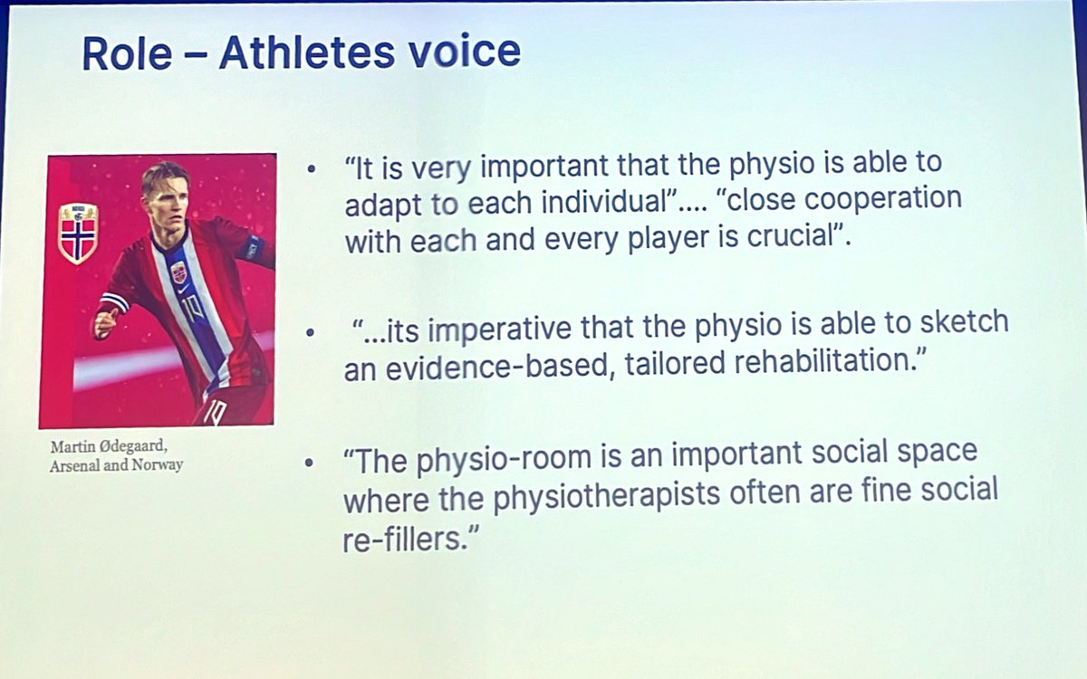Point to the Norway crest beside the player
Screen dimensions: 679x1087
pyautogui.click(x=78, y=233)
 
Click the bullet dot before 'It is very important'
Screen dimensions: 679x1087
pyautogui.click(x=313, y=169)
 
